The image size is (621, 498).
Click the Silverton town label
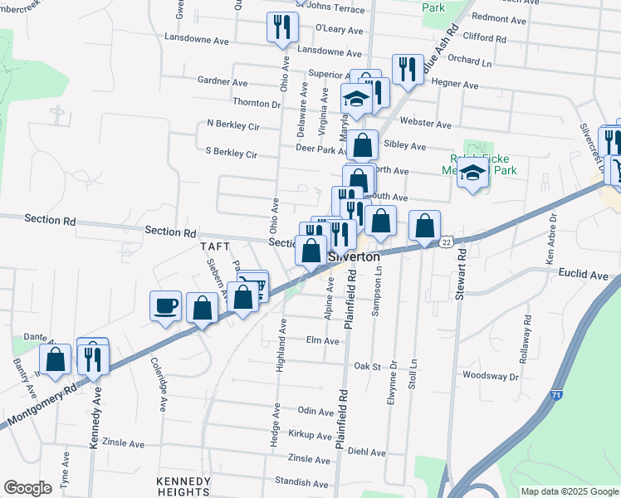pyautogui.click(x=355, y=256)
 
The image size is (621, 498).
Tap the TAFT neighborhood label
pyautogui.click(x=213, y=247)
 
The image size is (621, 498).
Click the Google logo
pyautogui.click(x=27, y=488)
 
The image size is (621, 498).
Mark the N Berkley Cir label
pyautogui.click(x=233, y=124)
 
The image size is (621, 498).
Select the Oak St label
pyautogui.click(x=366, y=365)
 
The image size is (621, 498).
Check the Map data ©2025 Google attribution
pyautogui.click(x=569, y=491)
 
